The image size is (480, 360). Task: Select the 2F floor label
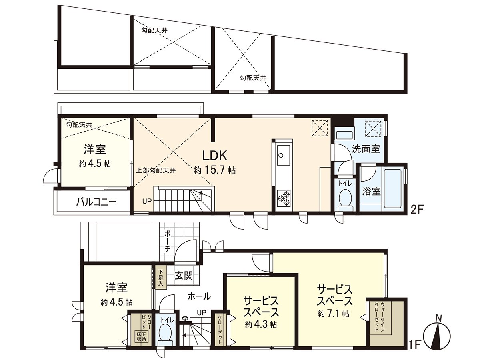tap(416, 209)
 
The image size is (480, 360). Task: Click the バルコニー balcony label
tap(96, 202)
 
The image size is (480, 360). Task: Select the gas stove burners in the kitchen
tap(283, 199)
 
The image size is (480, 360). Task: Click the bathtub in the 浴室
tap(392, 188)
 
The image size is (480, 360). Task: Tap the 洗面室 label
tap(366, 149)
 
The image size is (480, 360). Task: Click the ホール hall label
tap(199, 296)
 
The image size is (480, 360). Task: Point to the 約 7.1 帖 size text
tap(334, 314)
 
